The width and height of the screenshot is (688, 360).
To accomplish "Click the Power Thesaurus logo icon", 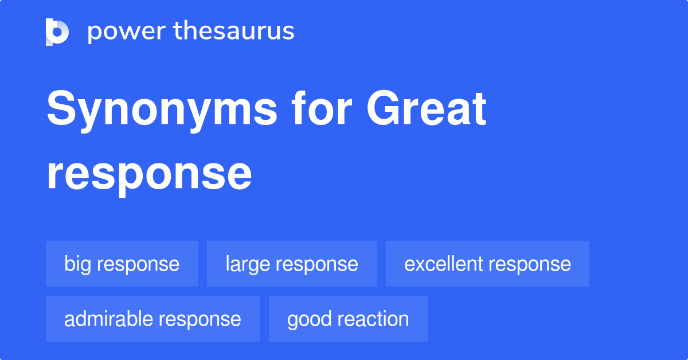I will [57, 32].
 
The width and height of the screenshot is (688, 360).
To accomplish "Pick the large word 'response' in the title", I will [149, 175].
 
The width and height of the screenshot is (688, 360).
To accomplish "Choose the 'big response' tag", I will [122, 264].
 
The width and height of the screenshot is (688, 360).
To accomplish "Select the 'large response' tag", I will [291, 264].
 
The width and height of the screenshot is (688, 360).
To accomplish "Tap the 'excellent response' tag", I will [487, 264].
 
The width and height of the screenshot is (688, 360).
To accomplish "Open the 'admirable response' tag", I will [153, 319].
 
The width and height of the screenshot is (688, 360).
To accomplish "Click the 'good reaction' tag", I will [348, 319].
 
